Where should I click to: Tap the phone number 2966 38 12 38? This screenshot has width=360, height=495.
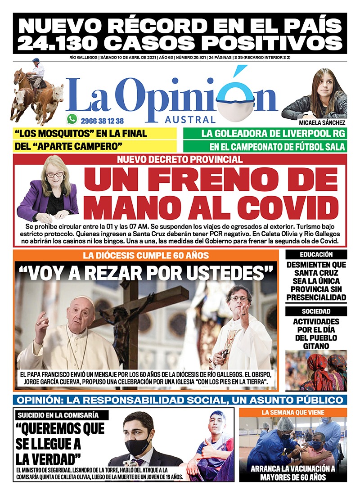(x=103, y=121)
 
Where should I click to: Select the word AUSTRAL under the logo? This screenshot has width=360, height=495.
(x=190, y=120)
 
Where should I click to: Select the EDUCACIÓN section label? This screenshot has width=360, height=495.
(x=316, y=255)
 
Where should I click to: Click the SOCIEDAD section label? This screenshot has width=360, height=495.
(x=316, y=311)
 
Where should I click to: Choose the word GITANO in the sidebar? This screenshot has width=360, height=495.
(x=316, y=346)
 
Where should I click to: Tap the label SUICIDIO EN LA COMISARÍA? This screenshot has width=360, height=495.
(x=57, y=415)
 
